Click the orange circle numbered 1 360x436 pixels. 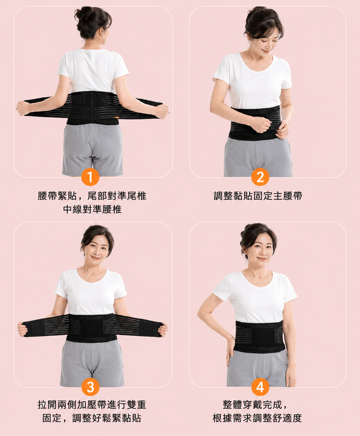[x=90, y=177]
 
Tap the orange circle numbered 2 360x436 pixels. [x=260, y=177]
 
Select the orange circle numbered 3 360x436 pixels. [x=90, y=387]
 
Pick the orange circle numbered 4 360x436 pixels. [x=260, y=387]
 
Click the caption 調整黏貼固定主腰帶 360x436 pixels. [x=258, y=196]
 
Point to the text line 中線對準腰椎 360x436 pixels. [x=92, y=209]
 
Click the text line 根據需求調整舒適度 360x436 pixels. [x=257, y=418]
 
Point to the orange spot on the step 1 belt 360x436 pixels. [x=116, y=117]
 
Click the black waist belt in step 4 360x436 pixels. [x=259, y=336]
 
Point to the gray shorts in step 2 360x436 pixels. [x=258, y=157]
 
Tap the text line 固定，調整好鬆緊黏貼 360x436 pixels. [x=92, y=418]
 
